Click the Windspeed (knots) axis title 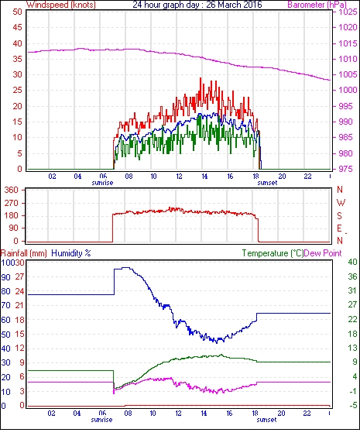[x=61, y=5]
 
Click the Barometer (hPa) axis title [x=317, y=5]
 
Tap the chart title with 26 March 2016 [x=197, y=5]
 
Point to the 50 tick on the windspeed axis [x=17, y=12]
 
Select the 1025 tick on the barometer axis [x=348, y=12]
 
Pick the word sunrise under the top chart [x=102, y=183]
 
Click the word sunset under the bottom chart [x=266, y=420]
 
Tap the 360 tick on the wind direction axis [x=12, y=191]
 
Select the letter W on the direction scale [x=341, y=202]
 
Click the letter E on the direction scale [x=339, y=228]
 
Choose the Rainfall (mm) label [x=24, y=253]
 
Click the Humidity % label [x=71, y=253]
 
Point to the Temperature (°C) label [x=273, y=253]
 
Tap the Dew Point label [x=323, y=253]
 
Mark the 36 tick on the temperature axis [x=352, y=276]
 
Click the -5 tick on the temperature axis [x=353, y=406]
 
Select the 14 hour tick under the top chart [x=204, y=177]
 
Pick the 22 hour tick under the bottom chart [x=307, y=414]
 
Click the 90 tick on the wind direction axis [x=14, y=228]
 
